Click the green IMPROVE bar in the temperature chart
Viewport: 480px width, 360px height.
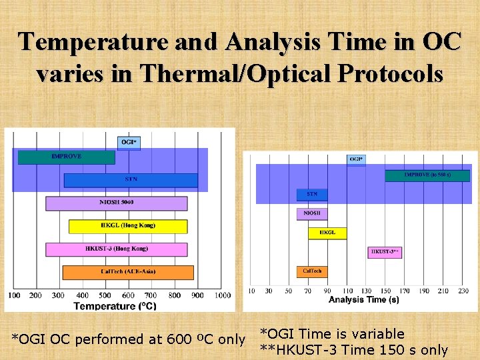coord(66,157)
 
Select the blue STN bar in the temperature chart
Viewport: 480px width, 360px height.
coord(131,180)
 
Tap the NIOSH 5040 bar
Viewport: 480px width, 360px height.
coord(116,203)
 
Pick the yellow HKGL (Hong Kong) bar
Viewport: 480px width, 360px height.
coord(127,226)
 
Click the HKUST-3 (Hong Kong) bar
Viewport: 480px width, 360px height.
coord(116,249)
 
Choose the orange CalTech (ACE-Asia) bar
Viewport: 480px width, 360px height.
coord(127,272)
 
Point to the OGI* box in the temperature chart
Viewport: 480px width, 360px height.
coord(129,143)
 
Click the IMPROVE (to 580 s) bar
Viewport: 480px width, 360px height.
coord(427,175)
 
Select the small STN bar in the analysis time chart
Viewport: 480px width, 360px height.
coord(312,195)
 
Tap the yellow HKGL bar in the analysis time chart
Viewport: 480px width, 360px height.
coord(327,233)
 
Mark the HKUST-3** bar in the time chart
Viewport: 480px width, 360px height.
coord(385,252)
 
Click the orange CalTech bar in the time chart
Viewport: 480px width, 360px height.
coord(312,271)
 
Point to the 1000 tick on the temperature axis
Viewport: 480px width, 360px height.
coord(223,295)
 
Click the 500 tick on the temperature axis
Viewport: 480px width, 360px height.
coord(105,295)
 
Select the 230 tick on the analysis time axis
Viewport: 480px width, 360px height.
coord(463,291)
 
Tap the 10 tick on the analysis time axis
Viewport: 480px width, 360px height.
coord(251,291)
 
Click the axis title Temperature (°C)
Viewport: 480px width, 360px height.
coord(115,306)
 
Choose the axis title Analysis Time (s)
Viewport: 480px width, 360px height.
coord(363,300)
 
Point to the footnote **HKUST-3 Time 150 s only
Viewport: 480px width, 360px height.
coord(353,350)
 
